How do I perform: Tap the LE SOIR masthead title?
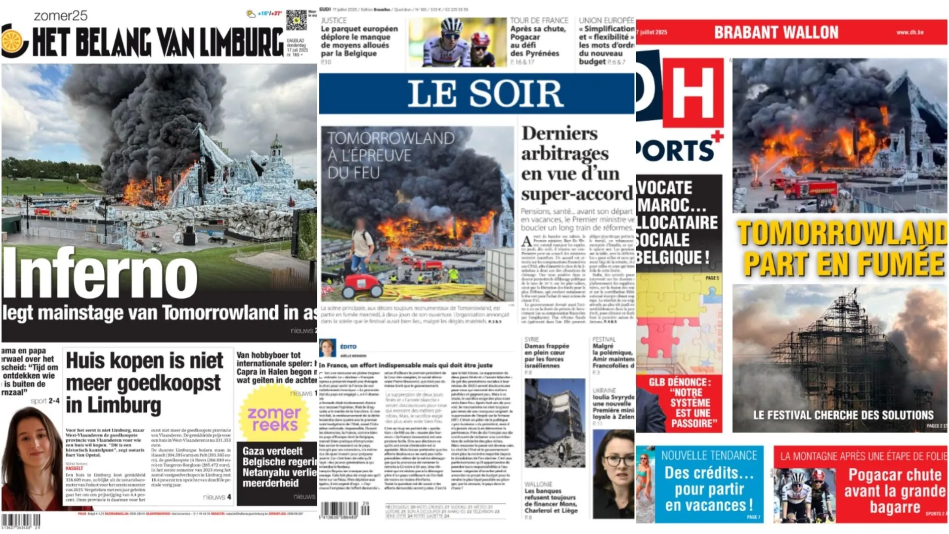coord(485,93)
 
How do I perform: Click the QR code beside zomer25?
coord(296,20)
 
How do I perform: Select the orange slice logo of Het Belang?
coord(13,41)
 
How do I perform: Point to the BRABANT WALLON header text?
coord(776,33)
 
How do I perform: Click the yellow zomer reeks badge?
coord(274,418)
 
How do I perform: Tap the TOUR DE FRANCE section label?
coord(539,20)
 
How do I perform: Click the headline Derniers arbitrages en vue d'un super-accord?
coord(576,163)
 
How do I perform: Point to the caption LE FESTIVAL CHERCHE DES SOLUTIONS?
coord(843,415)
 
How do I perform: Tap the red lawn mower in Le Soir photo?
coord(363,284)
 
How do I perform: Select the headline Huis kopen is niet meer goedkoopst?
coord(144,383)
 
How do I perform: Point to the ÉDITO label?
coord(348,347)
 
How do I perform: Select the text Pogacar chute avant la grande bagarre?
coord(895,490)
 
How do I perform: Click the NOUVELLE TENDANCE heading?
coord(709,455)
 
